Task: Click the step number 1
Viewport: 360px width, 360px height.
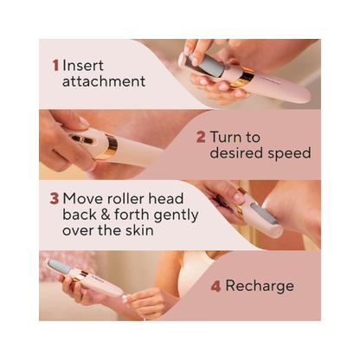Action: [x=55, y=64]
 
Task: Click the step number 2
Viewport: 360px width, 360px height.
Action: [x=201, y=136]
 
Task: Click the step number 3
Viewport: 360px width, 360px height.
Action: [x=55, y=196]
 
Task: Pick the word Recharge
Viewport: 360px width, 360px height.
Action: [x=260, y=286]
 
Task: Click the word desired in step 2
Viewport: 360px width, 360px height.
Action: [x=234, y=153]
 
